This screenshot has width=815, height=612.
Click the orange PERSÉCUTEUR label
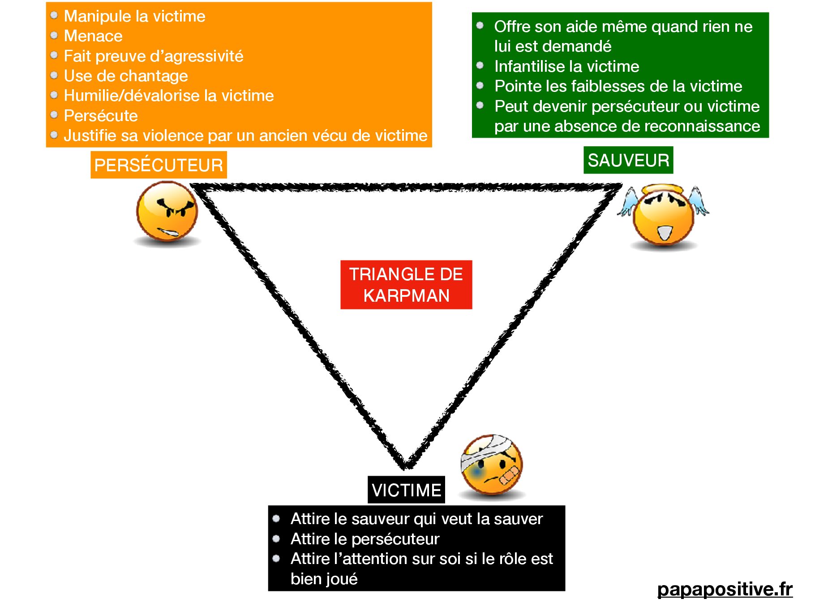point(159,165)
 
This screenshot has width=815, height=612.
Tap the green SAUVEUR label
point(628,160)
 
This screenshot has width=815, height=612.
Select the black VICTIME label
point(406,490)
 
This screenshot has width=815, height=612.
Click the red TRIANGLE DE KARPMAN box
point(406,285)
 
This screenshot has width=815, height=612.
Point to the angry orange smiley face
point(167,213)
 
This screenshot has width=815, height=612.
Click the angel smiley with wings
point(663,217)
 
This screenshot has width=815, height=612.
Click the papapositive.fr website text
point(725,589)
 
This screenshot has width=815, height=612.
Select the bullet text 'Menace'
point(93,36)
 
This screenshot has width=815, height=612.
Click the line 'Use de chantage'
point(126,76)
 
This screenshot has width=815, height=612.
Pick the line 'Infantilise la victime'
point(566,66)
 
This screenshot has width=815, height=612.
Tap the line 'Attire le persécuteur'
point(365,539)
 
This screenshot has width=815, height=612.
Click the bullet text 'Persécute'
point(101,116)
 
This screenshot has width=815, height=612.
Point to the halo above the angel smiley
point(663,189)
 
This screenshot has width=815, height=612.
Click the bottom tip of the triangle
point(406,466)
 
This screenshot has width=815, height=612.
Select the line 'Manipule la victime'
point(134,16)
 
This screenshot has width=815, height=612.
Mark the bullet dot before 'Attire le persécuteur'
point(276,538)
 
